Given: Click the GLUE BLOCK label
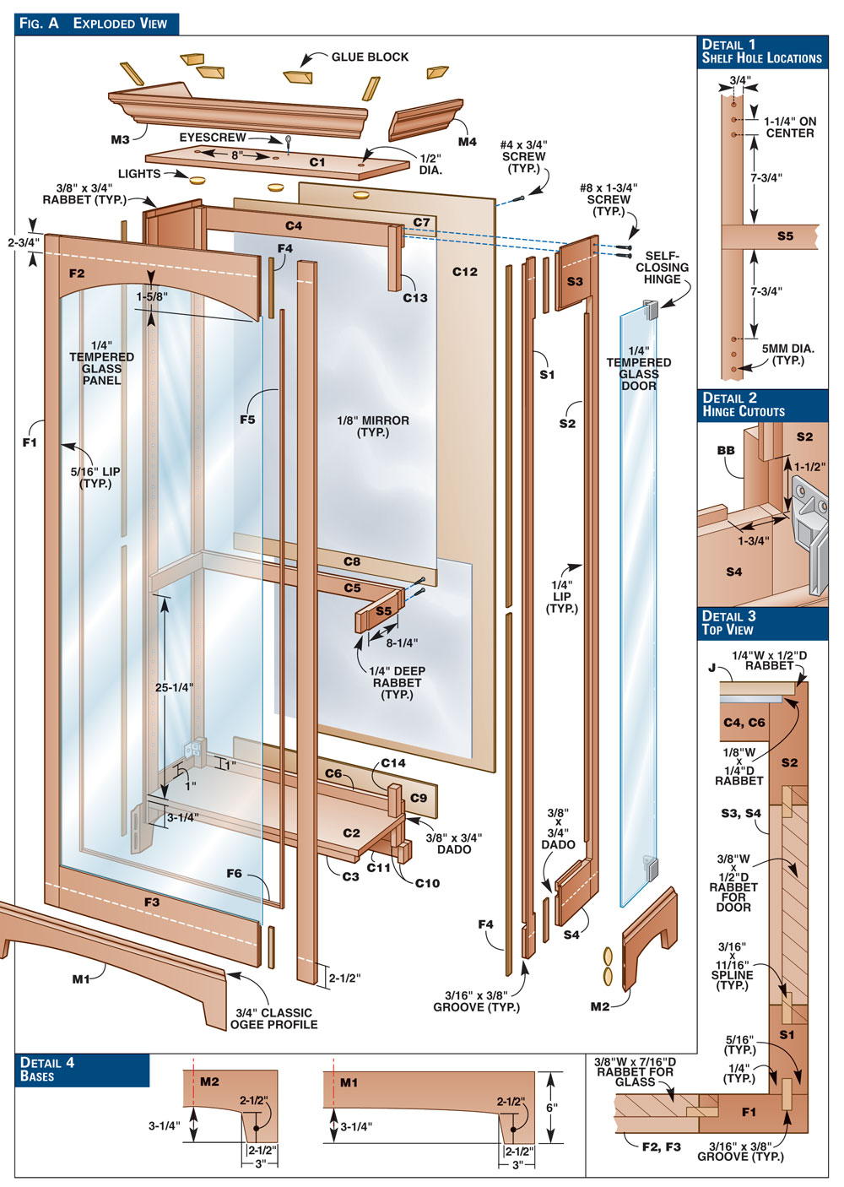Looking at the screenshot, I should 369,57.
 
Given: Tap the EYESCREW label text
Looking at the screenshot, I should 212,138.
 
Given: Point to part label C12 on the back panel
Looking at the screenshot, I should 465,272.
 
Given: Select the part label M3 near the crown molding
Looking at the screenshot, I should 120,140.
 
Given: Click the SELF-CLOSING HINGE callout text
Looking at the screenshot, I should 662,268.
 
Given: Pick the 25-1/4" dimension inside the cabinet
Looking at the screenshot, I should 174,687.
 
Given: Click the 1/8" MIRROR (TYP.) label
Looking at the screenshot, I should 372,426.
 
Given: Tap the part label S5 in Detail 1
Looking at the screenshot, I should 785,236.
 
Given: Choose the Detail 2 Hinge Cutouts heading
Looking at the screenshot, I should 743,405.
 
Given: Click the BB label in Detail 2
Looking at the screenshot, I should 726,451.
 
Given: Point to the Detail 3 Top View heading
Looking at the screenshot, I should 728,623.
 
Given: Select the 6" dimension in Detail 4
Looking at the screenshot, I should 552,1108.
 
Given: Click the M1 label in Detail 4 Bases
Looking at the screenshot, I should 349,1082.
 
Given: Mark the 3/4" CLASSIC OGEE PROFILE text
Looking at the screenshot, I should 274,1018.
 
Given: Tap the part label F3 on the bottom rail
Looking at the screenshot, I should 152,902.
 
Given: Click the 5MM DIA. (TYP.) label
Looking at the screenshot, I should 788,355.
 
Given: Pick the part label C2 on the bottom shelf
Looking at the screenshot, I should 352,833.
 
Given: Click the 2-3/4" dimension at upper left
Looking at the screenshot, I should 24,242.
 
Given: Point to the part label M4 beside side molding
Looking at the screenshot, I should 467,142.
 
